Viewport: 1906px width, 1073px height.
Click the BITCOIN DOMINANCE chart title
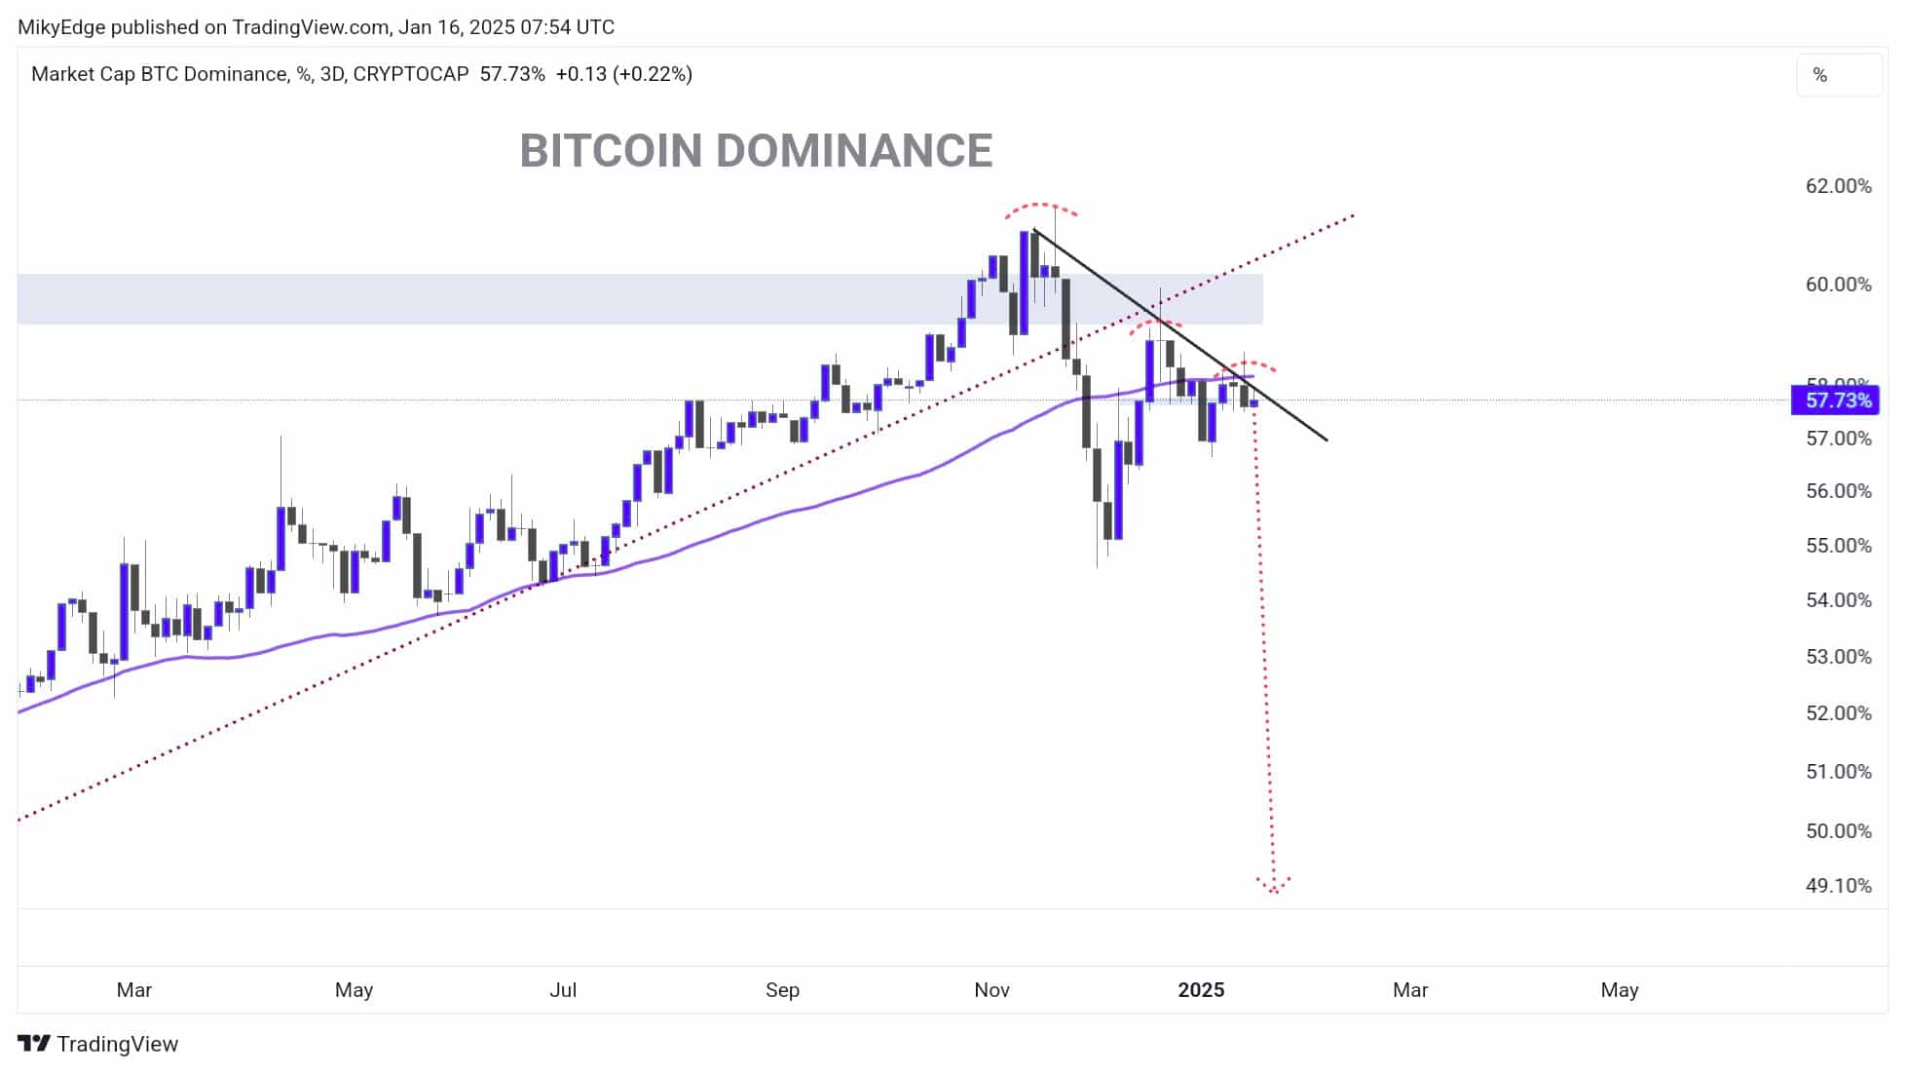click(756, 151)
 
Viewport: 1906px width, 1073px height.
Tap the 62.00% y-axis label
click(1838, 186)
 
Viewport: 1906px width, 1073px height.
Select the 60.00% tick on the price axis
click(1838, 285)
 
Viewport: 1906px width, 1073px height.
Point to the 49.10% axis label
click(1838, 886)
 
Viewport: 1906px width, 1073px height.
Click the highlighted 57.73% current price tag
click(1838, 401)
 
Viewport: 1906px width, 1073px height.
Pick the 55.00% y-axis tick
click(1838, 546)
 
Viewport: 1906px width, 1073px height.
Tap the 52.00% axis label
click(1838, 713)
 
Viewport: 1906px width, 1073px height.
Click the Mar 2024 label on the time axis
click(134, 990)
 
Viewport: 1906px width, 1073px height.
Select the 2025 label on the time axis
click(1201, 990)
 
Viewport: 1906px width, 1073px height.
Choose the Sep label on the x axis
click(782, 990)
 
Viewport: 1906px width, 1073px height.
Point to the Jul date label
click(563, 990)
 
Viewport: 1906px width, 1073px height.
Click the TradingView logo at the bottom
click(98, 1044)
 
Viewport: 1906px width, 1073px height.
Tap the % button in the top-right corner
click(1819, 75)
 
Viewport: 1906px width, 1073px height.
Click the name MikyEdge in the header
click(60, 27)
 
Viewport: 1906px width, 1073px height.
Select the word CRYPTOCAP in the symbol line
click(410, 74)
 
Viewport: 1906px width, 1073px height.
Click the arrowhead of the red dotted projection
click(1273, 886)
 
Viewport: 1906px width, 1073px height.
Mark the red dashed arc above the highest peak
click(1041, 206)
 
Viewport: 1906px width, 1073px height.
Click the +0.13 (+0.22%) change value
click(623, 74)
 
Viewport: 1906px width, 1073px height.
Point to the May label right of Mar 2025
click(1619, 990)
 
